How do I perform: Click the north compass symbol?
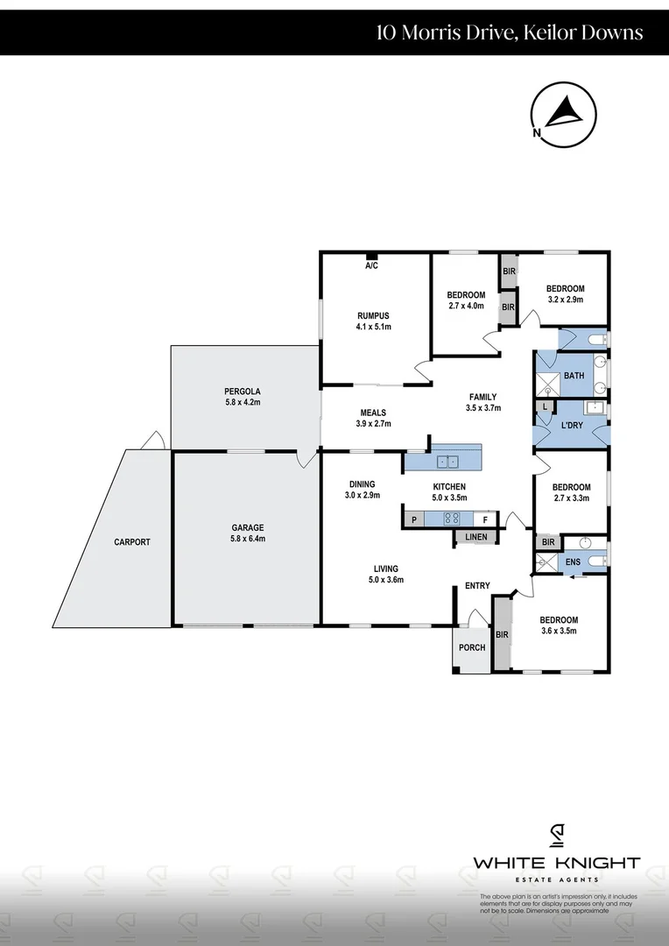coord(562,116)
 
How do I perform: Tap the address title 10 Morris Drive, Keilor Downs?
coord(510,32)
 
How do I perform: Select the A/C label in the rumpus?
coord(372,265)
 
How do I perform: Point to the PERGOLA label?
coord(242,391)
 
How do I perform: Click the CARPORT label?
coord(132,542)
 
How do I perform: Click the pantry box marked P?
coord(413,519)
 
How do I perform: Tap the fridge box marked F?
coord(488,519)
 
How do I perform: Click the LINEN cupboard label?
coord(475,536)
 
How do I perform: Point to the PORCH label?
coord(472,647)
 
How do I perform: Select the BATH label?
coord(574,376)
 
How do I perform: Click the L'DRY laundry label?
coord(571,425)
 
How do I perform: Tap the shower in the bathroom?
coord(549,383)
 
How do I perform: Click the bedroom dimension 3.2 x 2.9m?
coord(565,300)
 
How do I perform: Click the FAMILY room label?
coord(482,397)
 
